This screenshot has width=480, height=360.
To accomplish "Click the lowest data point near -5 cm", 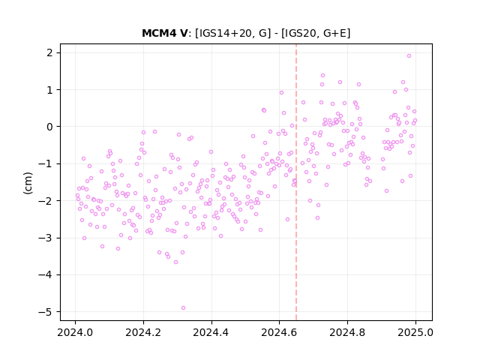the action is coord(183,308).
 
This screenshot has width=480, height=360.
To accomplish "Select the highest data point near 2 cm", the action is coord(409,56).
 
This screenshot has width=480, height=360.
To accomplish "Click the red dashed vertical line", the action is coord(296,182).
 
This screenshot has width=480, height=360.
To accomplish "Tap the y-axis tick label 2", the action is coord(50,52).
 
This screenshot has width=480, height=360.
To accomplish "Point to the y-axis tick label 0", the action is coord(50,127).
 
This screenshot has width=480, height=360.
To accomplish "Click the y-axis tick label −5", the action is coord(46,312).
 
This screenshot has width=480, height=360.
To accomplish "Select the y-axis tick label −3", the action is coord(46,238).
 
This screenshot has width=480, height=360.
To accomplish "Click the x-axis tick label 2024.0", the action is coord(75,332).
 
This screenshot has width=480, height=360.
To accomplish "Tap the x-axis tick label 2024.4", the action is coord(211,332).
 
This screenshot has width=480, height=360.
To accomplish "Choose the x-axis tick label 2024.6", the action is coord(279,332).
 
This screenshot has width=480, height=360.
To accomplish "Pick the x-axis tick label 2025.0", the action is coord(415,332).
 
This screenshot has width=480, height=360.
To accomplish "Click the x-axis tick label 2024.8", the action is coord(347,332).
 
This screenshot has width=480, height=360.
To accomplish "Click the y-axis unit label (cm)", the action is coord(28,183).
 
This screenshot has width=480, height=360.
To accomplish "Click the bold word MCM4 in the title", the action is coord(157,33).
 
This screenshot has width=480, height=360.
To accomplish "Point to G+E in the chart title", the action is coord(335,33).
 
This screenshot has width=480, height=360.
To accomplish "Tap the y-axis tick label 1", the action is coord(50,90).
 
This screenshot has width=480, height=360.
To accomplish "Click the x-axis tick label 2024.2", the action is coord(143,332).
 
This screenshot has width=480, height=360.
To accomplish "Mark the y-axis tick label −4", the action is coord(46,275).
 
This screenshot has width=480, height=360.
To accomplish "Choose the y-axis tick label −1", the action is coord(46,163).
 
